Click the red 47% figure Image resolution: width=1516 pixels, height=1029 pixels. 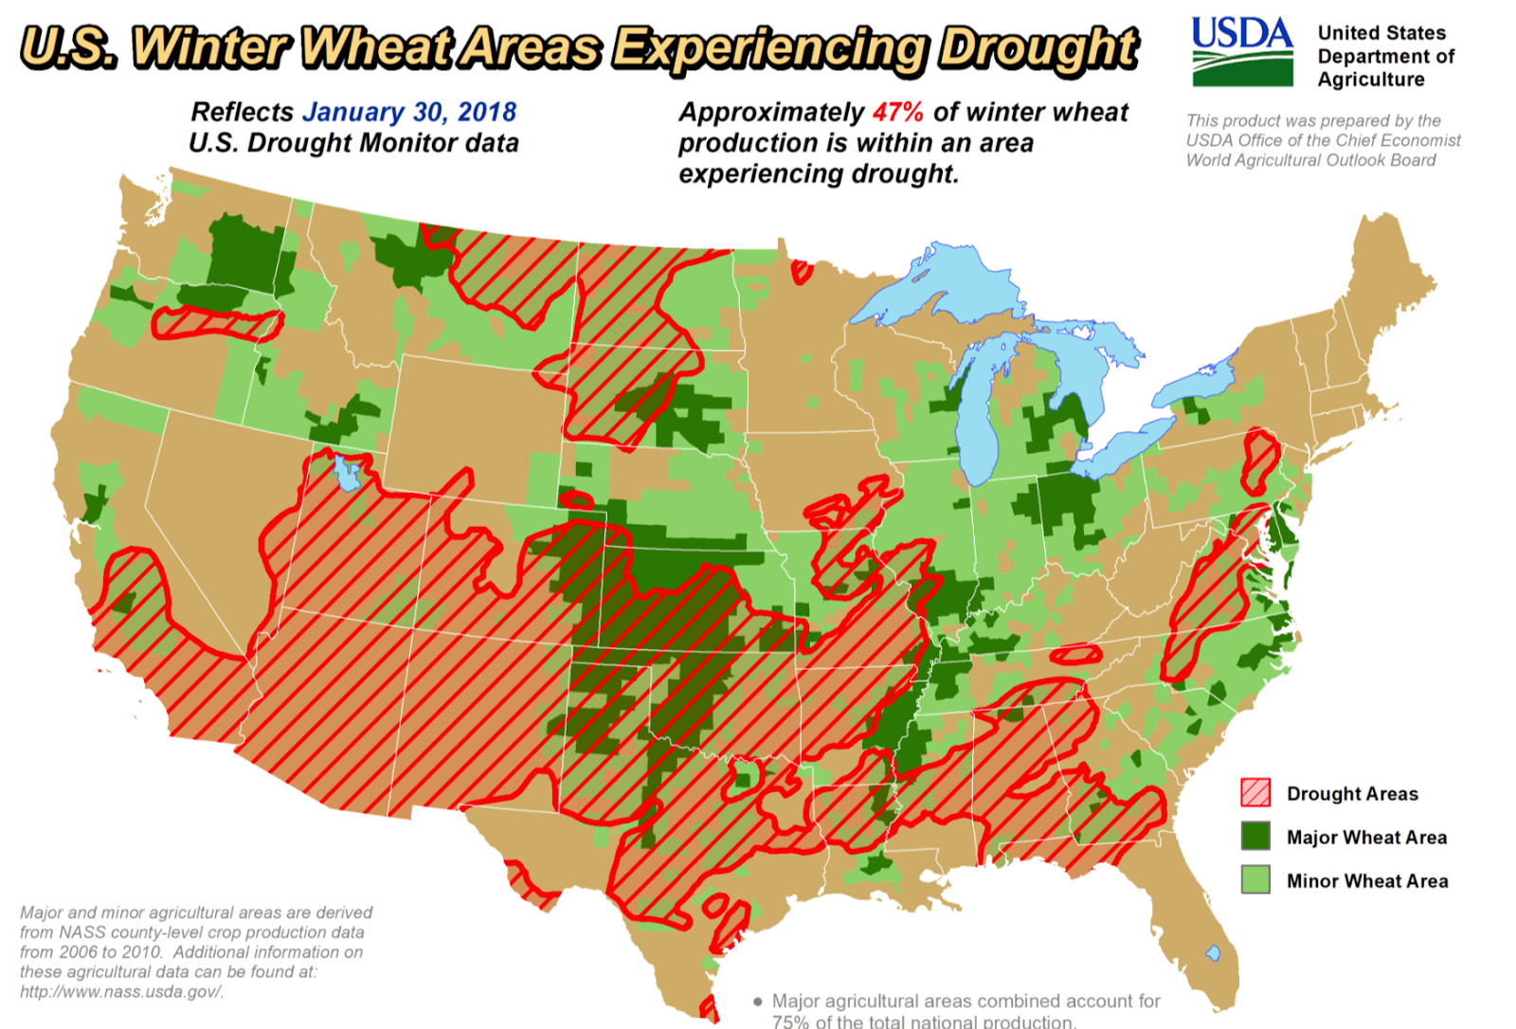tap(897, 113)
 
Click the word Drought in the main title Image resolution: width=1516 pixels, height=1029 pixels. tap(1038, 48)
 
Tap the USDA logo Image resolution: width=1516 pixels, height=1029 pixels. tap(1241, 52)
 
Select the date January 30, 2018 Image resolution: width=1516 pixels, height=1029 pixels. tap(409, 112)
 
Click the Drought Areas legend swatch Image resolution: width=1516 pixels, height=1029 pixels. tap(1255, 793)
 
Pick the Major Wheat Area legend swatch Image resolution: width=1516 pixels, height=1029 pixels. tap(1255, 837)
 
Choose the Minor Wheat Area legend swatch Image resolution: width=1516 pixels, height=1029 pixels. tap(1255, 880)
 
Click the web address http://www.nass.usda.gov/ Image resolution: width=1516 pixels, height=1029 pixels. tap(122, 992)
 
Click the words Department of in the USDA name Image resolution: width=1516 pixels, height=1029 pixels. tap(1385, 57)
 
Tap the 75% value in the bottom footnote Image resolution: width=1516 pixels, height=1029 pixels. tap(791, 1021)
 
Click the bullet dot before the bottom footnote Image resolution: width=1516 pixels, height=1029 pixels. tap(758, 1002)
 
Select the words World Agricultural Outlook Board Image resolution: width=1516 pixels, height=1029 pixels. tap(1310, 160)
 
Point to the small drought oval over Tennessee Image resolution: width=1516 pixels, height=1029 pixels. tap(1076, 654)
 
